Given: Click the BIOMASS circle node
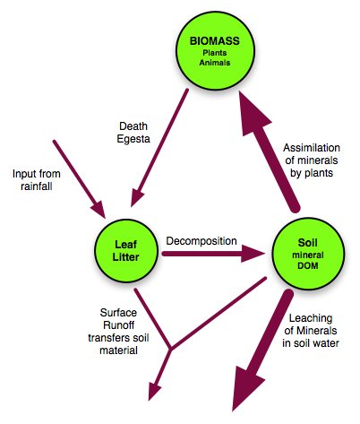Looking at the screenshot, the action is [215, 51].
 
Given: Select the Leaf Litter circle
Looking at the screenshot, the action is [126, 250].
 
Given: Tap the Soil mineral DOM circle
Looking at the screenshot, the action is [308, 254].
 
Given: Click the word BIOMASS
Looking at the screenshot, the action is [215, 41].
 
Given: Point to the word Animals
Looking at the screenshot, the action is [215, 63].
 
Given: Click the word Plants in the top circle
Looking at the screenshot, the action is [215, 53].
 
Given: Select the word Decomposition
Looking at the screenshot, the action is [201, 241].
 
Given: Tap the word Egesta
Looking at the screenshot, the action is [133, 139].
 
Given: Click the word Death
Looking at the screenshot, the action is [133, 126].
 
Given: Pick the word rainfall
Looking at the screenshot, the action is [37, 186].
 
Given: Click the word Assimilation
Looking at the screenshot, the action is [312, 148].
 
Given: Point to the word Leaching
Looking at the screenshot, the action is [311, 318].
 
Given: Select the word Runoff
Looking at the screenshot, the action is [118, 325].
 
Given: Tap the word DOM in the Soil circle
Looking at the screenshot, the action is [308, 265].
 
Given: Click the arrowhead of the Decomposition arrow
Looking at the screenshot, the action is [253, 254].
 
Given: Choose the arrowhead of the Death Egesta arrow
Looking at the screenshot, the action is [136, 198].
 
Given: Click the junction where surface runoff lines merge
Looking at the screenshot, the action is [170, 349].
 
